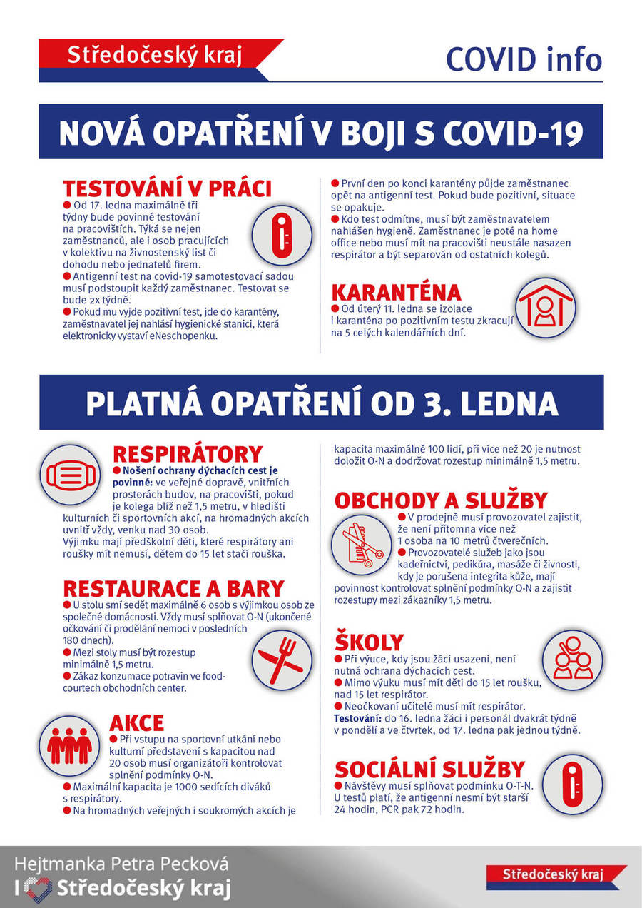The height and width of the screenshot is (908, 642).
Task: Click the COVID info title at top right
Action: point(524,59)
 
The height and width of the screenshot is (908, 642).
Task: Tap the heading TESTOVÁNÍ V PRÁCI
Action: point(167,188)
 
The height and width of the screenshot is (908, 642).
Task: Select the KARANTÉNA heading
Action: point(396,293)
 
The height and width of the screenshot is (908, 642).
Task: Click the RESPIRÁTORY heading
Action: point(188,454)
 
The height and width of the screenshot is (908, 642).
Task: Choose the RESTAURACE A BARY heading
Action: point(173,588)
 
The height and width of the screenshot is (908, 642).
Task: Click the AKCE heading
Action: point(136,722)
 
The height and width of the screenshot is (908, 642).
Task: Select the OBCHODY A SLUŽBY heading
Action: point(441,500)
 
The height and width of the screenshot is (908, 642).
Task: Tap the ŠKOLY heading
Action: point(369,642)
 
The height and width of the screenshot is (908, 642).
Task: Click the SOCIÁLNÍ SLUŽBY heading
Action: point(429,769)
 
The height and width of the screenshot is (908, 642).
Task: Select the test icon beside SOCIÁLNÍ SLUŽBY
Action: point(573,785)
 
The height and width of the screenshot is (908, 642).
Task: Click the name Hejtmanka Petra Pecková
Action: point(122,864)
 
